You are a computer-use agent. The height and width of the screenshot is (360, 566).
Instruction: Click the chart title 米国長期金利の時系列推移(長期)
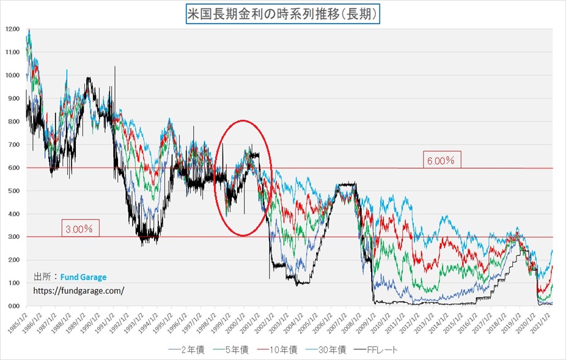coord(283,13)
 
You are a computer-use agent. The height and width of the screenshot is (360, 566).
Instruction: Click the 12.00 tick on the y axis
coord(12,29)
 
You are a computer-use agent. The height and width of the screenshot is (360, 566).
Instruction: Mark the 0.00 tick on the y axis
coord(12,306)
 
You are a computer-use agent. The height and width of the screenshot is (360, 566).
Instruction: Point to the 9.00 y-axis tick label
coord(12,98)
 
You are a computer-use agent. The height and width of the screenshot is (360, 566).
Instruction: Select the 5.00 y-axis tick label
coord(12,191)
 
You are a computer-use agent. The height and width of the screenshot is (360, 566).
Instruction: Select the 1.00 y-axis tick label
coord(12,283)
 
